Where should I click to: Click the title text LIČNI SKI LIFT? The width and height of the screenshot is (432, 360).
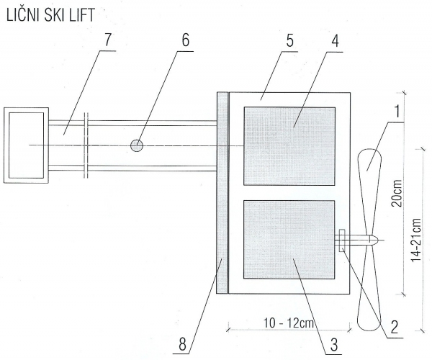coord(50,15)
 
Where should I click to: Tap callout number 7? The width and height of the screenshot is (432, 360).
coord(107,40)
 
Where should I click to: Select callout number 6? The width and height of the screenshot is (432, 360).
coord(186,40)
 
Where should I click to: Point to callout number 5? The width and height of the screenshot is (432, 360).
coord(289,41)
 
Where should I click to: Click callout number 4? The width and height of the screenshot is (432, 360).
coord(335,41)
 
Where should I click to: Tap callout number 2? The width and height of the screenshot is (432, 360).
coord(395,327)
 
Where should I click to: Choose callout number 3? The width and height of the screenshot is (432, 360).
coord(333,344)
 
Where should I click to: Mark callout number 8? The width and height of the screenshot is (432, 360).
coord(182,344)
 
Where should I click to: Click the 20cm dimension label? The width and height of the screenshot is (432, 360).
coord(397,194)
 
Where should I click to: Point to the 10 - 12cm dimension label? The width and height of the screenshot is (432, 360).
coord(289,323)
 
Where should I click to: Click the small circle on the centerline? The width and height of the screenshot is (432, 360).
coord(137,145)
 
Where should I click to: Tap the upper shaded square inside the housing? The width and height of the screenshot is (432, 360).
coord(289,146)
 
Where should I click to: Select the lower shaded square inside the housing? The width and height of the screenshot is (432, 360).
coord(289,240)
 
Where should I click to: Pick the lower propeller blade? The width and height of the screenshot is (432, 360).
coord(369,287)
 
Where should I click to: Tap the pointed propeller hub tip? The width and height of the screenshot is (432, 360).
coord(378,239)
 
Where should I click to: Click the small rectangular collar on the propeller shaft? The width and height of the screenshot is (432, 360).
coord(342,240)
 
